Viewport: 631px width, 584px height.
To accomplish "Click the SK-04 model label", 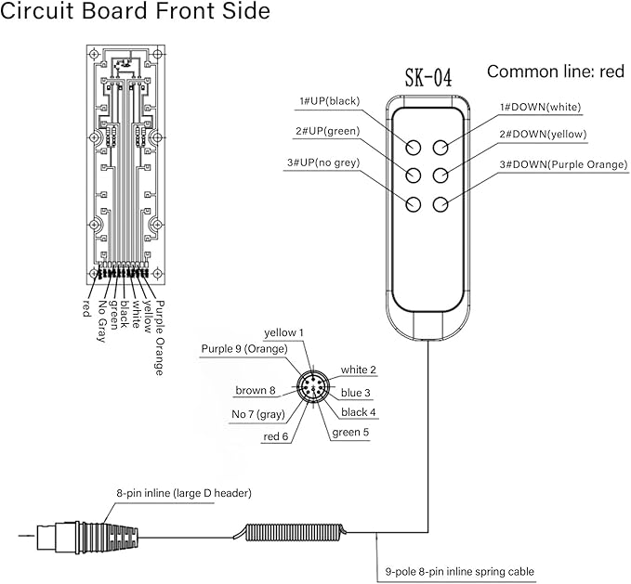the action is (x=428, y=77).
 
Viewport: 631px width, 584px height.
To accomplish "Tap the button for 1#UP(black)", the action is (x=414, y=148).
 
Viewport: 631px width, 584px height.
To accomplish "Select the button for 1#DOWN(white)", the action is (x=440, y=148).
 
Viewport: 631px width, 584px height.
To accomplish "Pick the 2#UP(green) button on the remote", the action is (x=414, y=175).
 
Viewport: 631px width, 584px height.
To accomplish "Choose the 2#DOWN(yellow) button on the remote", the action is (x=440, y=175).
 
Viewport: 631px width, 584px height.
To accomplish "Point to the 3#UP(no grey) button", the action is (x=414, y=204).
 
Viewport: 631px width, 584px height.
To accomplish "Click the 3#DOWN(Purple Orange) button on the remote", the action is (x=440, y=204).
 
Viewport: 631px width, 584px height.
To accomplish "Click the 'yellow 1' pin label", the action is (x=283, y=332).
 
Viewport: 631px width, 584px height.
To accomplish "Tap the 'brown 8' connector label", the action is (x=256, y=390).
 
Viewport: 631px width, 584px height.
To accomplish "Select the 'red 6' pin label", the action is (x=276, y=436).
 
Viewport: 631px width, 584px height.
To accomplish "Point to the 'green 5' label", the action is (x=350, y=433).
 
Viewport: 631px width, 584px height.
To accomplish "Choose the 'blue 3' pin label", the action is (x=355, y=393).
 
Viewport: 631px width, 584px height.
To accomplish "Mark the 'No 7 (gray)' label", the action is (x=258, y=414).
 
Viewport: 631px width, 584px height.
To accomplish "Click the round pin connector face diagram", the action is (x=312, y=386).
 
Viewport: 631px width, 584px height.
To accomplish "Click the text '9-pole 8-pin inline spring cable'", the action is (x=460, y=572).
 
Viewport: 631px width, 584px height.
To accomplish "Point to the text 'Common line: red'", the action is (x=556, y=71).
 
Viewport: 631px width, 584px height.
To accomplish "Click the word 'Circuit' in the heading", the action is (x=37, y=11).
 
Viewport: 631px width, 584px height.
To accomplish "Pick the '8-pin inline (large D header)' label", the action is (x=184, y=493).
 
